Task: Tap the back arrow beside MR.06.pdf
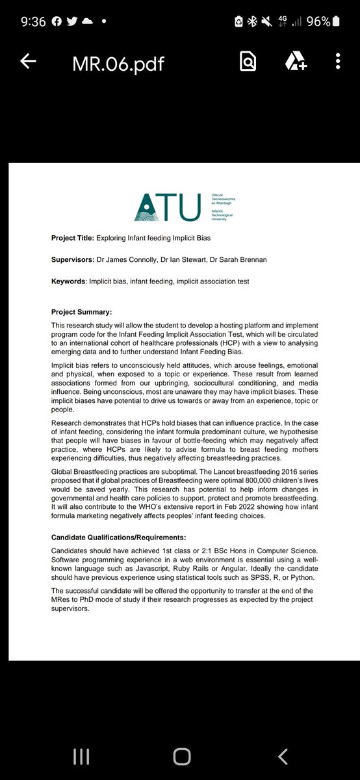pyautogui.click(x=28, y=62)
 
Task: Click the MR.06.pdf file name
pyautogui.click(x=119, y=62)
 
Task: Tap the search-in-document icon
pyautogui.click(x=248, y=62)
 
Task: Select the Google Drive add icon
pyautogui.click(x=294, y=62)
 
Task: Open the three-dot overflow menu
pyautogui.click(x=338, y=62)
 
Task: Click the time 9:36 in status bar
pyautogui.click(x=32, y=21)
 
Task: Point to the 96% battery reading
pyautogui.click(x=318, y=21)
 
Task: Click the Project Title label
pyautogui.click(x=72, y=238)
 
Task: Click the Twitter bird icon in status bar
pyautogui.click(x=71, y=21)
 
